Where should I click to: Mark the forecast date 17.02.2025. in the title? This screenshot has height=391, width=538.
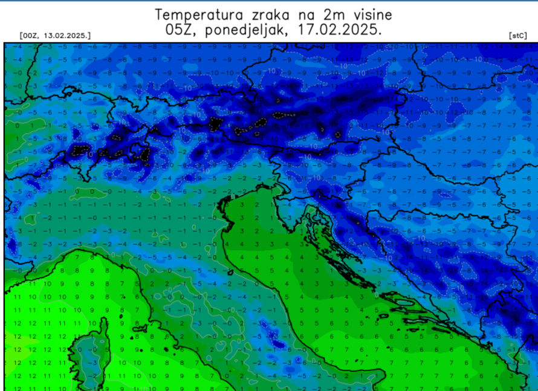pyautogui.click(x=339, y=29)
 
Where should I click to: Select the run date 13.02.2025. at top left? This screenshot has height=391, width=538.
pyautogui.click(x=66, y=36)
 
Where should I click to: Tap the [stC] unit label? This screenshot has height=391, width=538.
pyautogui.click(x=517, y=36)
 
